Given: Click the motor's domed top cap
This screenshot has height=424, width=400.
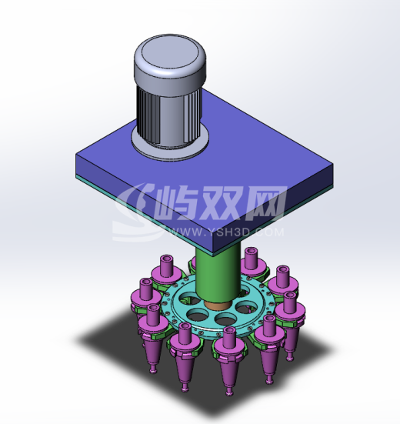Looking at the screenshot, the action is click(170, 59).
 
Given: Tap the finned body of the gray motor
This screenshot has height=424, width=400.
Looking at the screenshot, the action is click(169, 114).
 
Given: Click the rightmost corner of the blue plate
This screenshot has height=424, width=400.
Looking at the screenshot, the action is click(333, 165).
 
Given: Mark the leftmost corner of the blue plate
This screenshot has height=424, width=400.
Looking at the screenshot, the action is click(76, 155).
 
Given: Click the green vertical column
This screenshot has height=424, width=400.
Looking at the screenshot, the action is click(218, 273).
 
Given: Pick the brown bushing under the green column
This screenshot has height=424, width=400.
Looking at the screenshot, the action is click(218, 305).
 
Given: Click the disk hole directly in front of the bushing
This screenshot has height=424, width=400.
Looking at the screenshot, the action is click(225, 319).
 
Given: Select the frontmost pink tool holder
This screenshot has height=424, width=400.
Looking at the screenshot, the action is click(229, 357).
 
